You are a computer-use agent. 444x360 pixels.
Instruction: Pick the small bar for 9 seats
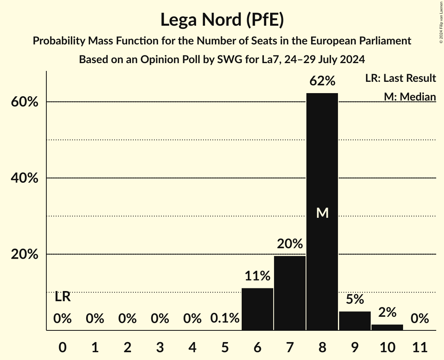point(354,321)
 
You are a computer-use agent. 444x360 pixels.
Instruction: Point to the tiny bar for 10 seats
point(387,327)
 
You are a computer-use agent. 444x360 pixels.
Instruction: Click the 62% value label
point(322,81)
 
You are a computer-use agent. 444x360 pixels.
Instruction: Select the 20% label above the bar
point(290,244)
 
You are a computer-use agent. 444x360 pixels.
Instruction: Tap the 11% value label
point(257,276)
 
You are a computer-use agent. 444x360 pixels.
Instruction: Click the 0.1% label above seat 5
point(225,318)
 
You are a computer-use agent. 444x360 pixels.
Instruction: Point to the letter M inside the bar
point(322,213)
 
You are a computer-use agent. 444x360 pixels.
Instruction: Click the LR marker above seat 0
point(62,297)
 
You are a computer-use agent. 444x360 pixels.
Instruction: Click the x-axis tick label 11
point(419,346)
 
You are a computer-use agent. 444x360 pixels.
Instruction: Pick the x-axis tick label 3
point(160,346)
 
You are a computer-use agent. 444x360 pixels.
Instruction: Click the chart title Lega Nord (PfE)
point(222,20)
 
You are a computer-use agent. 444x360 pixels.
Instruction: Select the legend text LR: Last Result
point(400,78)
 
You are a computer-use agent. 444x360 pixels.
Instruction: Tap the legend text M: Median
point(409,96)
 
